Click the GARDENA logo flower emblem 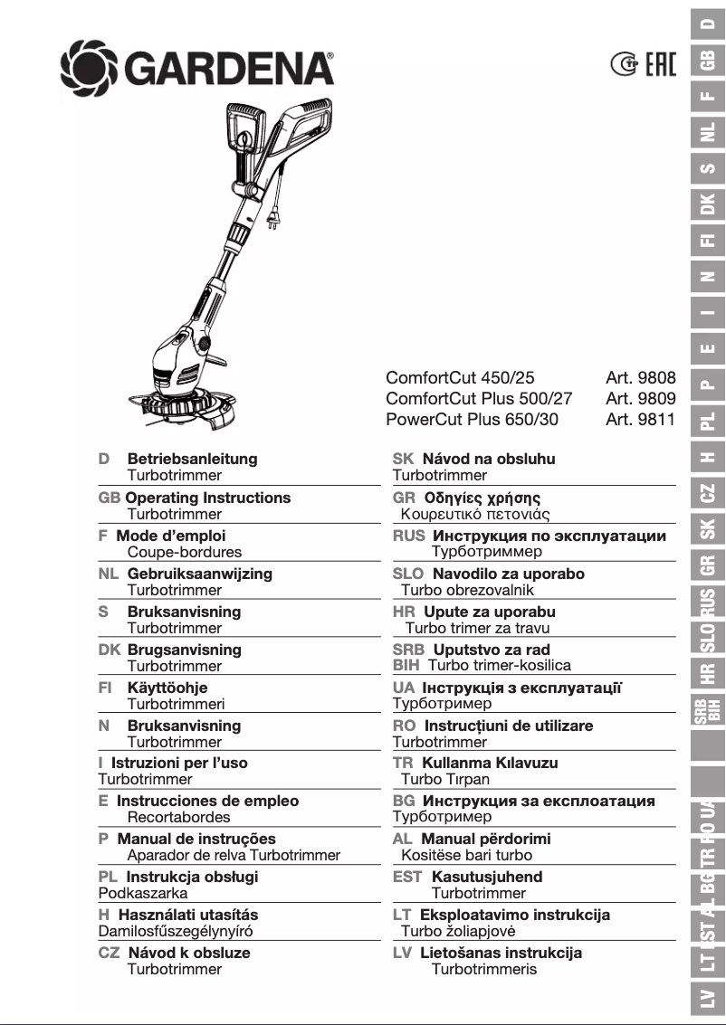[89, 65]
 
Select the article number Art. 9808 [641, 378]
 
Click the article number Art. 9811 [641, 419]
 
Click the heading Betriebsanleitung [192, 459]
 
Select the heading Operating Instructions [208, 498]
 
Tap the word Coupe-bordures [185, 552]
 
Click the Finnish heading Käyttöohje [167, 688]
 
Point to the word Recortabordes [179, 817]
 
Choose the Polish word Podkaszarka [143, 893]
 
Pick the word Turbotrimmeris [484, 969]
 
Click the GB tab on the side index [708, 60]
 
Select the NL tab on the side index [708, 134]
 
